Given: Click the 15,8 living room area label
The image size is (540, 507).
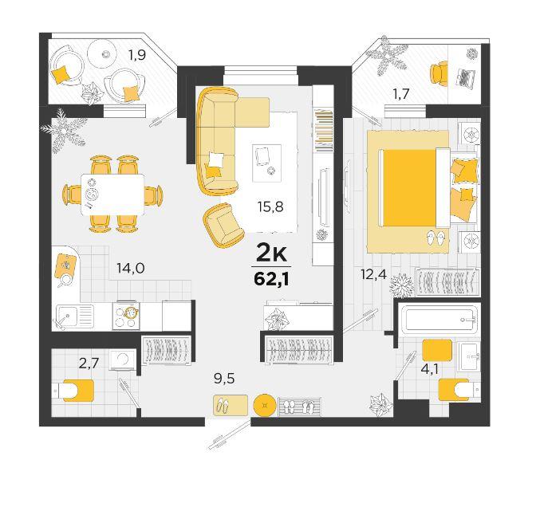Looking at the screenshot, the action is point(270,206).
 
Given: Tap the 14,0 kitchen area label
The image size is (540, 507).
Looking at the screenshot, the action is point(130,268).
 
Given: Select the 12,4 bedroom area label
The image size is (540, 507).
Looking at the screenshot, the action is point(373,274).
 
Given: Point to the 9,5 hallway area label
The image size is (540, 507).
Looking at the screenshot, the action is point(224,379).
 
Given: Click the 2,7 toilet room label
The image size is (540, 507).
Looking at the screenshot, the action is point(89,364).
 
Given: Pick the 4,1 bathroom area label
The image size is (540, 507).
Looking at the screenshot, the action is point(429,369).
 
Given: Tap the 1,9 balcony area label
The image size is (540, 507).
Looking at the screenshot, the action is point(136,55).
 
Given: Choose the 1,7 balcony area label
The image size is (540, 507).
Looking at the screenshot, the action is point(401,93).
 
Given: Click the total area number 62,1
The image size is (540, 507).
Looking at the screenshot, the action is point(271,279).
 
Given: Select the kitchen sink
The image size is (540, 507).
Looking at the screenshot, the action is point(74,316).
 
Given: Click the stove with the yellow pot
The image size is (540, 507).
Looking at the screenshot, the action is point(126,316).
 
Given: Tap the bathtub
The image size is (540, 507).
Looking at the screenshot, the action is point(439,320).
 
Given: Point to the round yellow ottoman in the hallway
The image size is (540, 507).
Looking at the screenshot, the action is point(265,405).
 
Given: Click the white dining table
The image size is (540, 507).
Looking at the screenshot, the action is point(112,195).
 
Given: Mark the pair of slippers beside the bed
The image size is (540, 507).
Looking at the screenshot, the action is point(436,238).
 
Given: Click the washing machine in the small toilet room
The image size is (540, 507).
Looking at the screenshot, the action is point(123,360).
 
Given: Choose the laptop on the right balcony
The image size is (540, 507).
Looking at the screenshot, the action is point(466,79).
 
